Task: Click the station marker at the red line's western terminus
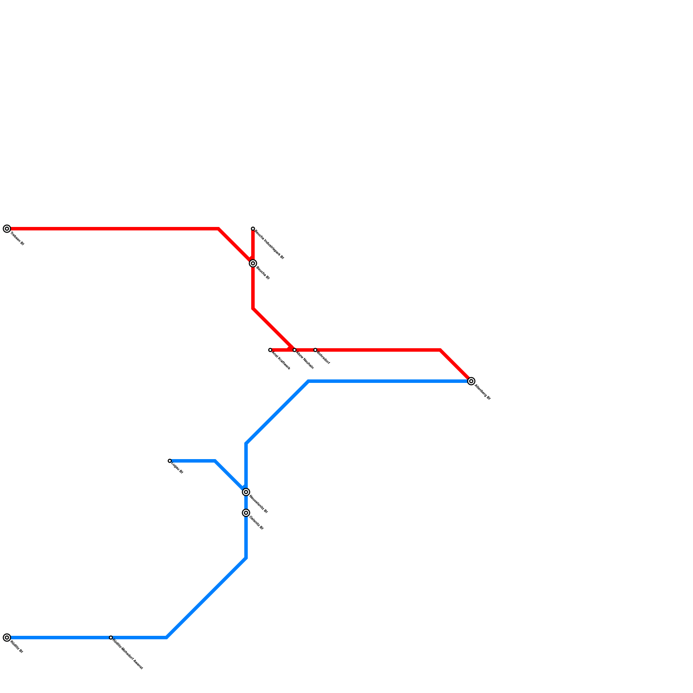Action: point(7,229)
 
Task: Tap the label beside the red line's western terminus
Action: point(17,239)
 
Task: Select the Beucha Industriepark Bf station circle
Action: point(253,229)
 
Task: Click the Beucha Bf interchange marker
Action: point(253,263)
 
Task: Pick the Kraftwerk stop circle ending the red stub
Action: point(270,350)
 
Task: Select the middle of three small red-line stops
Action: point(295,350)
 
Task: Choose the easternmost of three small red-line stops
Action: point(315,350)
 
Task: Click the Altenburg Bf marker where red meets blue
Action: point(471,381)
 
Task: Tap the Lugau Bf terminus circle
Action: point(170,461)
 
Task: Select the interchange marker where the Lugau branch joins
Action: point(246,492)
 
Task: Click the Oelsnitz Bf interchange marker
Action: point(246,513)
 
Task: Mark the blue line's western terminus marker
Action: point(7,638)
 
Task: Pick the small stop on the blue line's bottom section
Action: point(111,638)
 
